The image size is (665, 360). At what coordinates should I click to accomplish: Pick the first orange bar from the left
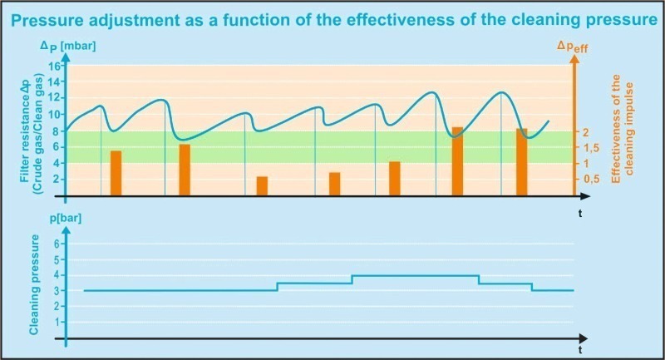tap(116, 173)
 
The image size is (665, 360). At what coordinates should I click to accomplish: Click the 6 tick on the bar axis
tap(57, 244)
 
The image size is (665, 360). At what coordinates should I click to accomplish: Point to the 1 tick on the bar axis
tap(57, 322)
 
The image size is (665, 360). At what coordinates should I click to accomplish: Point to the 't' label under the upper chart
tap(580, 214)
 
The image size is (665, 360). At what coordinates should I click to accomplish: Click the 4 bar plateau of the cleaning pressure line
tap(416, 275)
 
